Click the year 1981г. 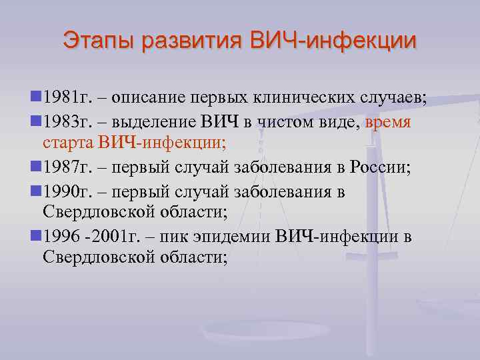point(64,101)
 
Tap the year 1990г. point(64,193)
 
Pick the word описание point(146,101)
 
